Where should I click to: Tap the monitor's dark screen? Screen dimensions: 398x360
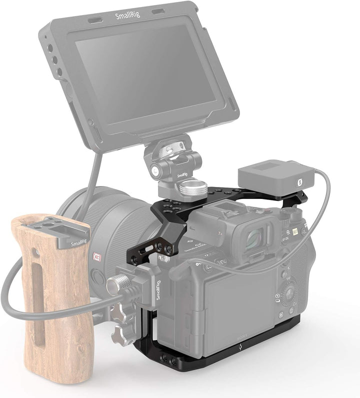(150, 75)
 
